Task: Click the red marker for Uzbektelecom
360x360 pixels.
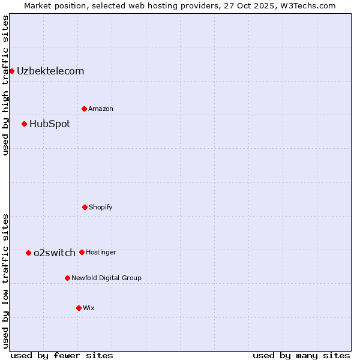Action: tap(11, 71)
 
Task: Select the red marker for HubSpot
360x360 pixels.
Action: tap(24, 124)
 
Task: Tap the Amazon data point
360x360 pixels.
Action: tap(84, 109)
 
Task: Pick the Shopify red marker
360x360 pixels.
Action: tap(85, 207)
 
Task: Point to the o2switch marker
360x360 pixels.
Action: tap(28, 253)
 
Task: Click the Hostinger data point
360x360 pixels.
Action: tap(82, 252)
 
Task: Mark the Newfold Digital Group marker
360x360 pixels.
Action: tap(67, 278)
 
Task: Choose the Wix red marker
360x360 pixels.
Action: tap(79, 308)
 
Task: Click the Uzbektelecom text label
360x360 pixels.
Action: tap(50, 71)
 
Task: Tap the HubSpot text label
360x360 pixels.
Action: tap(50, 124)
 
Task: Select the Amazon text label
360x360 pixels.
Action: tap(101, 109)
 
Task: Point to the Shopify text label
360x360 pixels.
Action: tap(101, 207)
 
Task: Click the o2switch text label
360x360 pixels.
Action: tap(55, 253)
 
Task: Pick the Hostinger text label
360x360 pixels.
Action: tap(101, 252)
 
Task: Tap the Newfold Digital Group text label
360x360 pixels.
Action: tap(106, 278)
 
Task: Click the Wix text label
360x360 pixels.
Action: tap(89, 308)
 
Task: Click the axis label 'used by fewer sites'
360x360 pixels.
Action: tap(62, 355)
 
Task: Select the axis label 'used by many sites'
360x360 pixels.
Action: tap(301, 355)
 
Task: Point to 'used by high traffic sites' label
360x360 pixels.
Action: tap(5, 85)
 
